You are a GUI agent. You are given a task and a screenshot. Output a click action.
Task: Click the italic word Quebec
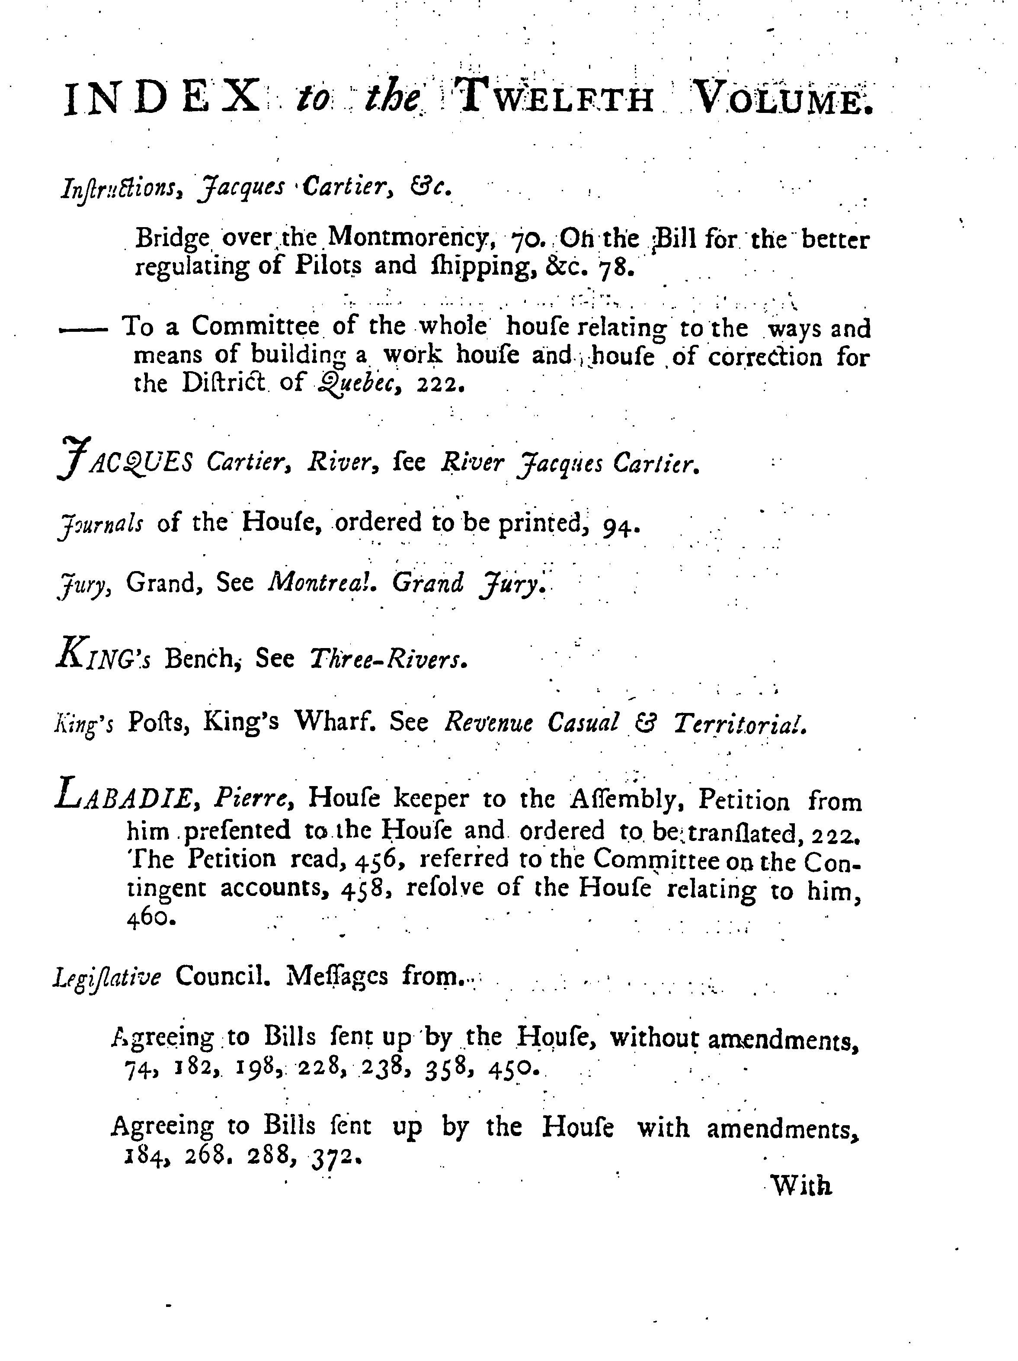pos(361,385)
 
